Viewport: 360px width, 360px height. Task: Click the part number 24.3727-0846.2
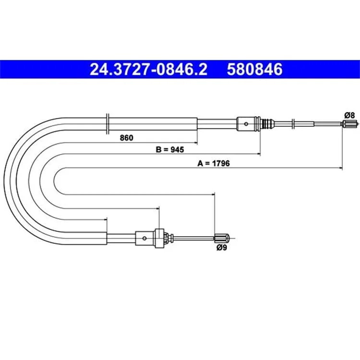(x=148, y=69)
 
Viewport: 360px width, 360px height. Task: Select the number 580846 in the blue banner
(x=254, y=69)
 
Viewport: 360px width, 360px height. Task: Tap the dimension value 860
(x=127, y=138)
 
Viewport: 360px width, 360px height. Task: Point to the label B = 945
(x=170, y=150)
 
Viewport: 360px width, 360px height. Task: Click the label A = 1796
(x=214, y=163)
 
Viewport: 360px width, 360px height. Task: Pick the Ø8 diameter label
(x=349, y=115)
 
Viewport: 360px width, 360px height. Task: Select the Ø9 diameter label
(x=222, y=248)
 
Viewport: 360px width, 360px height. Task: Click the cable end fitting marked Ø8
(x=349, y=124)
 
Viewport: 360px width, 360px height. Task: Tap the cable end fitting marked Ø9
(x=222, y=238)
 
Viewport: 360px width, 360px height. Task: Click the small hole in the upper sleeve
(x=246, y=124)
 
